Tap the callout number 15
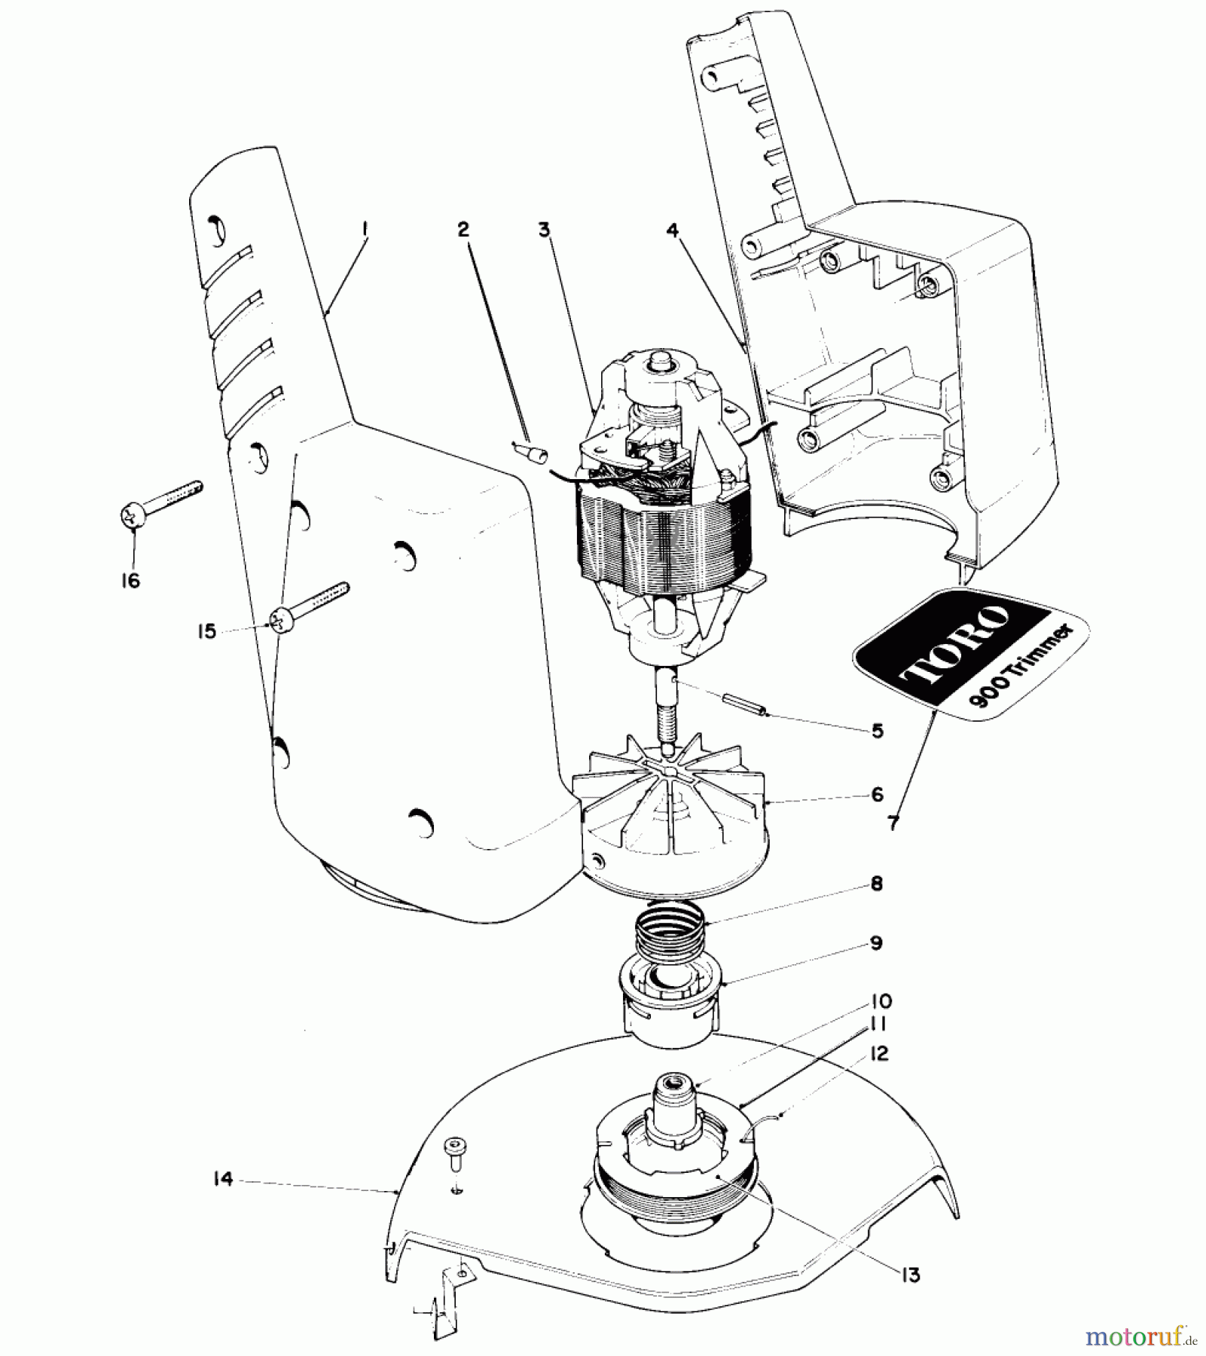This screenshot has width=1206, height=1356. (206, 631)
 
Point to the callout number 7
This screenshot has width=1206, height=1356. (893, 823)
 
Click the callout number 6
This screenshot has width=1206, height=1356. (877, 794)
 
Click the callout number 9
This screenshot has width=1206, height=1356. (876, 942)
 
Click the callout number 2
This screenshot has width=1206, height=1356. (463, 230)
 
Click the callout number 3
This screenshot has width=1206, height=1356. (545, 230)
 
